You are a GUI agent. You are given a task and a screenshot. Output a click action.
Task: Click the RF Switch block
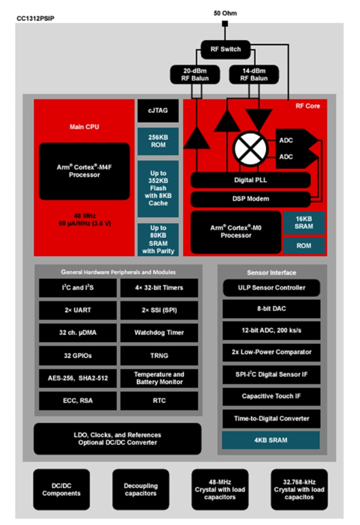click(x=226, y=49)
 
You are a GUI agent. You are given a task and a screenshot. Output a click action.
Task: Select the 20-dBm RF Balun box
click(x=195, y=75)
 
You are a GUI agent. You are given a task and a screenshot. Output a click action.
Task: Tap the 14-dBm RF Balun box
click(x=254, y=75)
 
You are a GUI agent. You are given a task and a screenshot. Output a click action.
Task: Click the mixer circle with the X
click(x=250, y=148)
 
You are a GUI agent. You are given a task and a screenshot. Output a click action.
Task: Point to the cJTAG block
click(x=158, y=111)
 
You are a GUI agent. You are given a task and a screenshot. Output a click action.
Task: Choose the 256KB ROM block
click(x=158, y=141)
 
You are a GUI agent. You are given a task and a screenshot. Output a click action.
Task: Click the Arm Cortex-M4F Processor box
click(x=84, y=171)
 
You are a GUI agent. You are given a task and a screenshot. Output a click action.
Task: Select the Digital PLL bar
click(x=251, y=180)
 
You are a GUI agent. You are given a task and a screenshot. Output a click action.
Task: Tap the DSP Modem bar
click(x=251, y=199)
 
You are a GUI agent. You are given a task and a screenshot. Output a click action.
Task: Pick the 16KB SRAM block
click(x=304, y=223)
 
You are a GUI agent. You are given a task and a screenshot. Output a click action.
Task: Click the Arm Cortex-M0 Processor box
click(x=236, y=232)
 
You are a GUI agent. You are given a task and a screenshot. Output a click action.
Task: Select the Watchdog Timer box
click(x=159, y=332)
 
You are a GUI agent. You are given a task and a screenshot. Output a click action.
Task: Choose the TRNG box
click(x=159, y=356)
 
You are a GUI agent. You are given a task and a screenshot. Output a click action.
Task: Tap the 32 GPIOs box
click(x=78, y=356)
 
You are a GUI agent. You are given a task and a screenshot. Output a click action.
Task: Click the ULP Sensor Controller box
click(x=272, y=288)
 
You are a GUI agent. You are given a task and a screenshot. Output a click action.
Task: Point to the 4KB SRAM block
click(x=270, y=440)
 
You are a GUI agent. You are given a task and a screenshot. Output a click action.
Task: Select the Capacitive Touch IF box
click(x=272, y=396)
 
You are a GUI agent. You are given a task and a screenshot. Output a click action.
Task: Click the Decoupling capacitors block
click(x=141, y=489)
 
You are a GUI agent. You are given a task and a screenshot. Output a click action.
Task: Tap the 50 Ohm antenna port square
click(x=225, y=24)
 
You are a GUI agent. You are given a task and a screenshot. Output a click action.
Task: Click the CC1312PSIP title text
click(x=35, y=19)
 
